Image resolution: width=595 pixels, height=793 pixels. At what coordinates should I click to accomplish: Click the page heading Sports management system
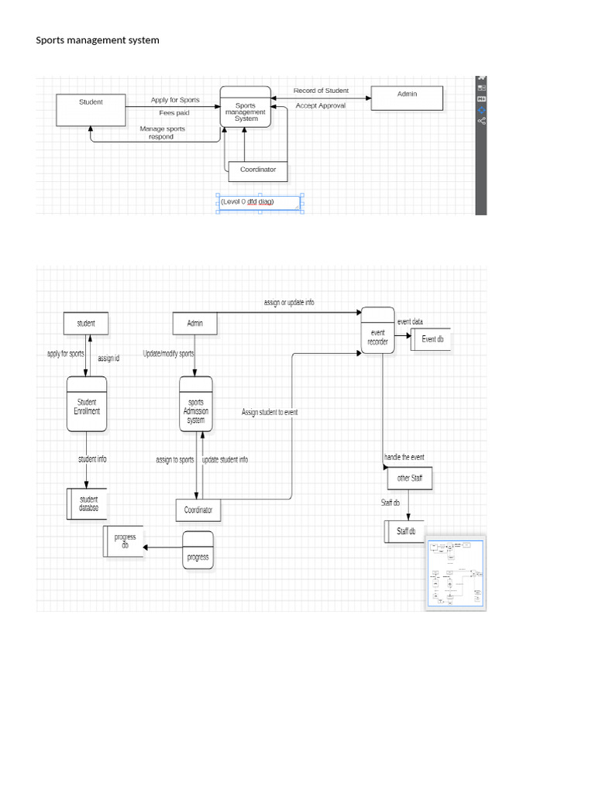pos(98,40)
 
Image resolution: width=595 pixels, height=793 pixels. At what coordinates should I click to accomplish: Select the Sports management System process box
pos(246,112)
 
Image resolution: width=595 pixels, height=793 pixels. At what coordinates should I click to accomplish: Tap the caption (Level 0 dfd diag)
pos(248,202)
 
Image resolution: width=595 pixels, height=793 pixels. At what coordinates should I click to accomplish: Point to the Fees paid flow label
pos(174,113)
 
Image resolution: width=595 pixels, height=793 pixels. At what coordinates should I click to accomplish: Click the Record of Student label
pos(321,91)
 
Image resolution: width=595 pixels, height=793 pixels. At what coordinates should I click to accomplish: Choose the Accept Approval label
pos(321,105)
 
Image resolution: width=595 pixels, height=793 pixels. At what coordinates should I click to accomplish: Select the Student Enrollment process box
pos(87,407)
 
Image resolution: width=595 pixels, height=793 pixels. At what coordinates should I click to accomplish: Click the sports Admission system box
pos(196,410)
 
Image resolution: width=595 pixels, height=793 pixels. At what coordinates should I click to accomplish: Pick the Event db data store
pos(431,339)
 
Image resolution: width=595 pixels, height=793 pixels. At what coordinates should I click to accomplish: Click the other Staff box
pos(409,479)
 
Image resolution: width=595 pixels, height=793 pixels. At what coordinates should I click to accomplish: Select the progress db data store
pos(123,541)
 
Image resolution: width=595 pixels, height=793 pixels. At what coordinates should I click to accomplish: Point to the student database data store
pos(88,504)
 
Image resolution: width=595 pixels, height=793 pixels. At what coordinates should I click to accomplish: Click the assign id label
pos(108,359)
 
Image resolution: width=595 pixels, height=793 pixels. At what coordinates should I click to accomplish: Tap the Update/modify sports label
pos(169,354)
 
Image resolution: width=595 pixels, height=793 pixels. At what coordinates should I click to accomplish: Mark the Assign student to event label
pos(270,413)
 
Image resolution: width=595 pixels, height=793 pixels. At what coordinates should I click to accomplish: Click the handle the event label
pos(404,458)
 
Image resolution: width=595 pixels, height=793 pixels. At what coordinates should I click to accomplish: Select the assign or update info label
pos(289,303)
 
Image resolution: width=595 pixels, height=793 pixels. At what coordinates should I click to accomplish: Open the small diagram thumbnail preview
pos(456,572)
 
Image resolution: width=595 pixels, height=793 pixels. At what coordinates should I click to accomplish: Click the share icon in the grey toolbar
pos(482,121)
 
